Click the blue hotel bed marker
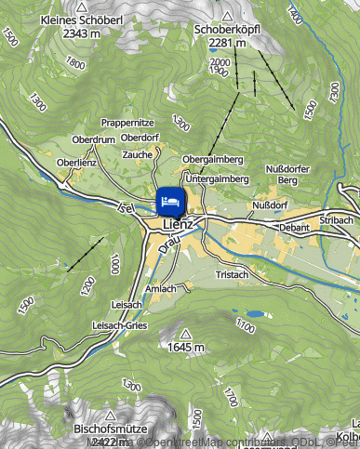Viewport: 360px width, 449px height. pos(169,200)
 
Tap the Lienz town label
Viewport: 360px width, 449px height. pos(177,224)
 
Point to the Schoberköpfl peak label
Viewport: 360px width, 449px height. pos(227,30)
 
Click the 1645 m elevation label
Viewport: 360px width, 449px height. pos(185,347)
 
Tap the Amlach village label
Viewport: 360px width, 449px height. pos(161,289)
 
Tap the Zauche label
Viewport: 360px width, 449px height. pos(137,153)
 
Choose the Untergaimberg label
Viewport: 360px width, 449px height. pos(215,178)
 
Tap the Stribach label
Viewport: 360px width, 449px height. pos(336,219)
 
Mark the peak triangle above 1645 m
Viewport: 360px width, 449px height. pos(185,333)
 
